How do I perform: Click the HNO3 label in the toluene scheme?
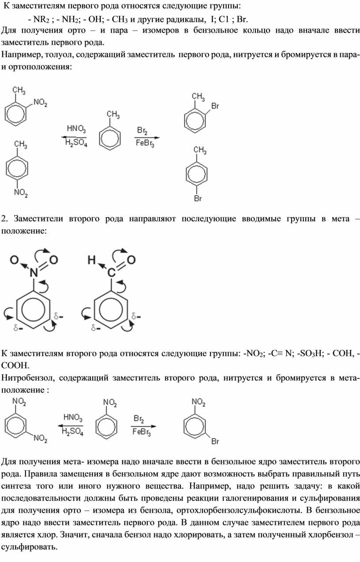click(x=76, y=129)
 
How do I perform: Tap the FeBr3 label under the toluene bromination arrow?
click(x=145, y=144)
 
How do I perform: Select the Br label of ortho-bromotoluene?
click(x=215, y=106)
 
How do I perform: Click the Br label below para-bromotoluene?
click(x=198, y=198)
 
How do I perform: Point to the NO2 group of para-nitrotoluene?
click(x=21, y=193)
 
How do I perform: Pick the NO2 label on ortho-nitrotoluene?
click(x=40, y=103)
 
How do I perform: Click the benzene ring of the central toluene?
click(x=110, y=138)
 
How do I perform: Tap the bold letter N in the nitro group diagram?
click(x=34, y=273)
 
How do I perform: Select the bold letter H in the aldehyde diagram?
click(x=92, y=260)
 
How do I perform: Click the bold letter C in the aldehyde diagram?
click(x=112, y=273)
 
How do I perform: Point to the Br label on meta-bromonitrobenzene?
click(x=215, y=441)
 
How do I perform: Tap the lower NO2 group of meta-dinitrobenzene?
click(x=41, y=438)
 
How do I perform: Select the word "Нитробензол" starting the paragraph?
click(x=28, y=378)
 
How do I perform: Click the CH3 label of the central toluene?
click(x=113, y=115)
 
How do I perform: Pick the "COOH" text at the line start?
click(x=15, y=365)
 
